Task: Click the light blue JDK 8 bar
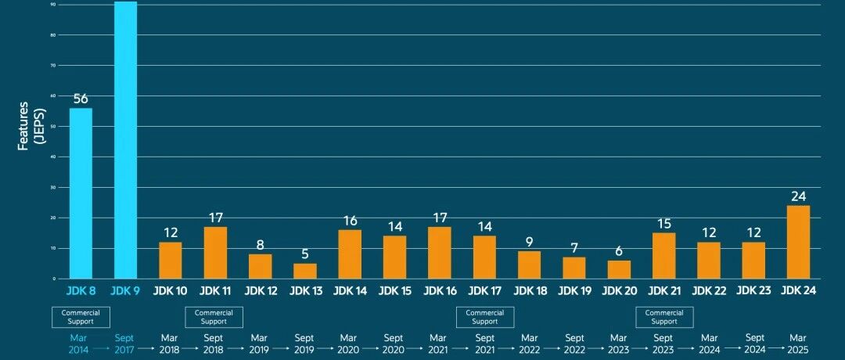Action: [81, 193]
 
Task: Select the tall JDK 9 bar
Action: [125, 141]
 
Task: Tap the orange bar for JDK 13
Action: [305, 271]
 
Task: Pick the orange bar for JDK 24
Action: [799, 242]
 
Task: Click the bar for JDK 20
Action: [620, 269]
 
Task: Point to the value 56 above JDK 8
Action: [81, 99]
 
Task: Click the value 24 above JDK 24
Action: [799, 196]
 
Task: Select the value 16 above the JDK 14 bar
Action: [350, 221]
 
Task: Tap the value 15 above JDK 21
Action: [664, 225]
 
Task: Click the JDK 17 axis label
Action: [484, 290]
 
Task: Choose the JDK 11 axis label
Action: [215, 290]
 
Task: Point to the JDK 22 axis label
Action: [710, 290]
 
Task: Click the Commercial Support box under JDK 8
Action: [81, 317]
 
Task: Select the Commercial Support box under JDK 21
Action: [664, 317]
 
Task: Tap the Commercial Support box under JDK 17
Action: [484, 317]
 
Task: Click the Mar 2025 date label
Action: [799, 344]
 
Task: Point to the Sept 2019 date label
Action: [305, 344]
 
